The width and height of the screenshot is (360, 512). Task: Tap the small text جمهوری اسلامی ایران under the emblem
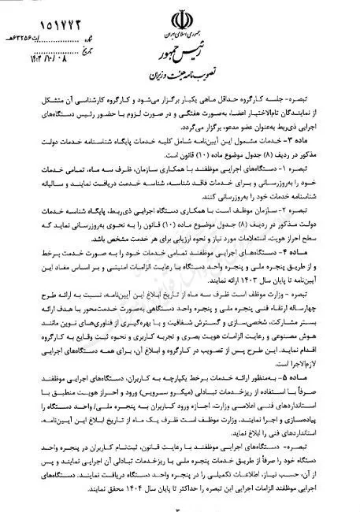point(183,35)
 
